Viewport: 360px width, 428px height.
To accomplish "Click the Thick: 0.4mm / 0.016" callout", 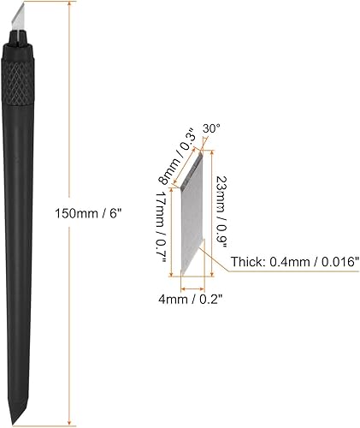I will point(289,263).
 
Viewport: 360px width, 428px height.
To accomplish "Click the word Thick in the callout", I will point(244,263).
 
